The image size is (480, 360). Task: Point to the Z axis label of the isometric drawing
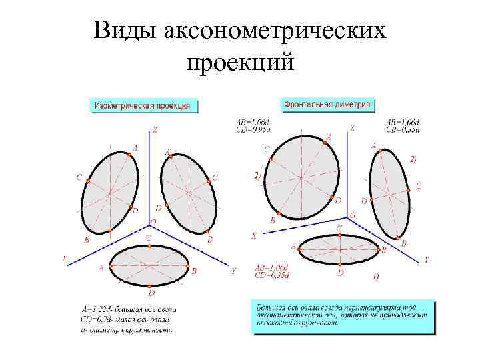155,129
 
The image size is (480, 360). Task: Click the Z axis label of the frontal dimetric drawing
353,128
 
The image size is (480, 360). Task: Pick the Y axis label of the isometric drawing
233,271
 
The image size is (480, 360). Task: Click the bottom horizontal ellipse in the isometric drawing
151,265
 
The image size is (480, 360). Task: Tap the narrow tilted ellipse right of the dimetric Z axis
389,193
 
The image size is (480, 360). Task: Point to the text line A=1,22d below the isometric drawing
127,309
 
